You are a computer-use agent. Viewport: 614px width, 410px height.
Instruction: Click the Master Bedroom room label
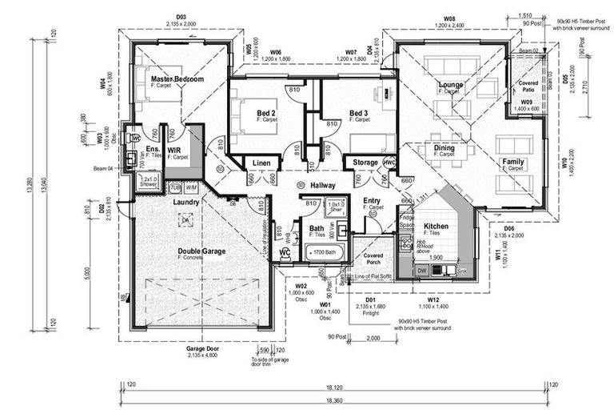tap(177, 79)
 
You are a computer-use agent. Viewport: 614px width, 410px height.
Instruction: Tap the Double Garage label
tap(201, 251)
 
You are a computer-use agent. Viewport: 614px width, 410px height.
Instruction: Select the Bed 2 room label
tap(266, 113)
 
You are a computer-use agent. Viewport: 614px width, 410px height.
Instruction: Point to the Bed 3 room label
tap(359, 113)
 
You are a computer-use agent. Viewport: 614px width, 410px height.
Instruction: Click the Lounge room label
tap(451, 84)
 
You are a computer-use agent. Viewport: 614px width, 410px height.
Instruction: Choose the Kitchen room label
tap(436, 227)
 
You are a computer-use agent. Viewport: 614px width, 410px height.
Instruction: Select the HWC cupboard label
tap(389, 163)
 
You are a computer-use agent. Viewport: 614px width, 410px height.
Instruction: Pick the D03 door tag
tap(181, 18)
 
